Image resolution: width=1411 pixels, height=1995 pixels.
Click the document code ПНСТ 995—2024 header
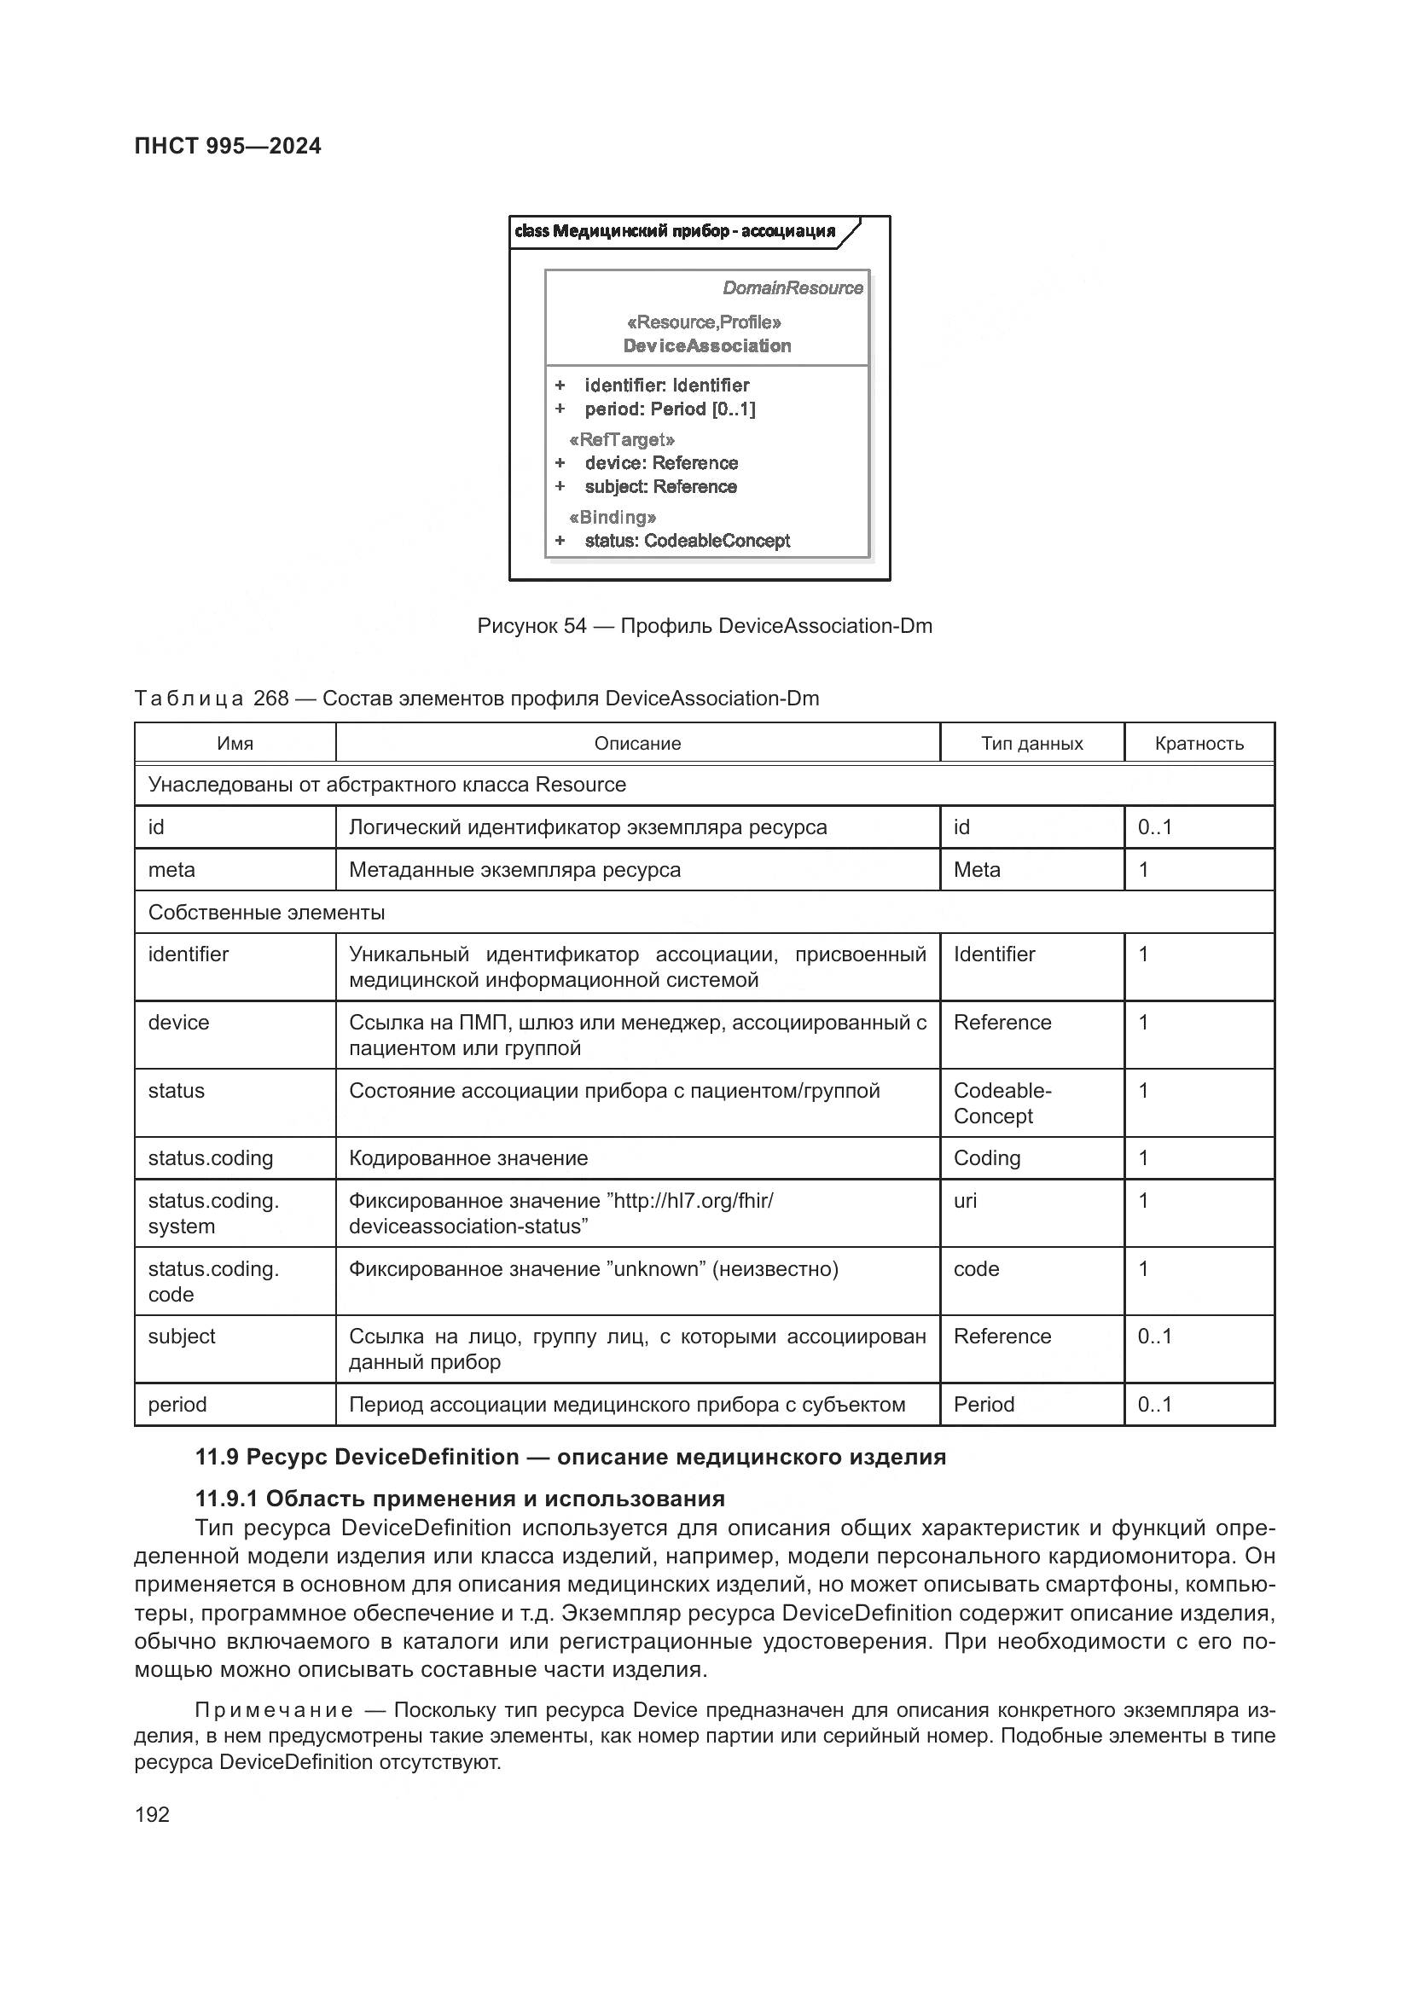pyautogui.click(x=228, y=146)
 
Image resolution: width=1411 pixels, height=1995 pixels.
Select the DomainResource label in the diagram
pyautogui.click(x=793, y=287)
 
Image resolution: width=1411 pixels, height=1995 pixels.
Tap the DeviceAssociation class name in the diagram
pyautogui.click(x=706, y=345)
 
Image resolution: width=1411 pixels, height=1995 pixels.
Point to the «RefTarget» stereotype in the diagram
pyautogui.click(x=622, y=439)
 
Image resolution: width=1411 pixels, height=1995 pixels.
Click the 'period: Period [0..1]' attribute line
pyautogui.click(x=669, y=409)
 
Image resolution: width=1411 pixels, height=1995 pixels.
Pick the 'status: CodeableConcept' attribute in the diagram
pyautogui.click(x=687, y=541)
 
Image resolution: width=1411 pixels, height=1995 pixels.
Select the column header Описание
pyautogui.click(x=637, y=743)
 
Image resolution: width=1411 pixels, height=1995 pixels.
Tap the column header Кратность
pyautogui.click(x=1198, y=743)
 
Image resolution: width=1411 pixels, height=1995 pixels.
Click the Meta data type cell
pyautogui.click(x=977, y=870)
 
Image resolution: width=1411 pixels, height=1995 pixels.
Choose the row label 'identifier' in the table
pyautogui.click(x=189, y=954)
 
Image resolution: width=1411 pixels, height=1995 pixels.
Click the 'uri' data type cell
pyautogui.click(x=965, y=1201)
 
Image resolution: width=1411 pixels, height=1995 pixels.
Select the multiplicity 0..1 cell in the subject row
pyautogui.click(x=1155, y=1337)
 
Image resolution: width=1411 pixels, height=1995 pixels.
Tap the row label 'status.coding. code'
pyautogui.click(x=213, y=1281)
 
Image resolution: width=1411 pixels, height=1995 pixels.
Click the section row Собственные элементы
pyautogui.click(x=266, y=913)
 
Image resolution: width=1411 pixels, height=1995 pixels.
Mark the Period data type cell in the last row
pyautogui.click(x=984, y=1405)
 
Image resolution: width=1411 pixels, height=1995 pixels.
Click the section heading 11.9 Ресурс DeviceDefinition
pyautogui.click(x=570, y=1457)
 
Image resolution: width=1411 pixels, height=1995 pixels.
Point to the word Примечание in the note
pyautogui.click(x=274, y=1711)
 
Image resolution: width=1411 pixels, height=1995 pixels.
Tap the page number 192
pyautogui.click(x=152, y=1814)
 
